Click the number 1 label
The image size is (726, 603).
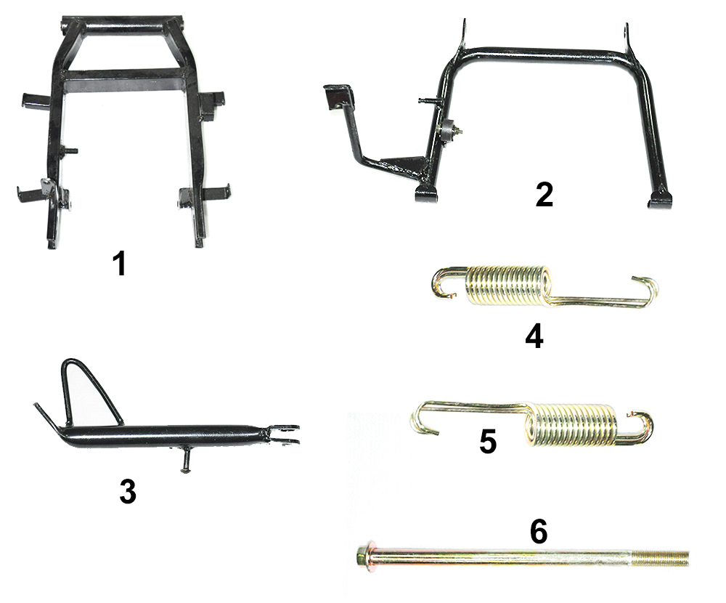(120, 264)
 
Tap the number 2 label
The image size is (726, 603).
(544, 195)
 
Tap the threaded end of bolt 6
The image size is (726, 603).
(660, 558)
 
